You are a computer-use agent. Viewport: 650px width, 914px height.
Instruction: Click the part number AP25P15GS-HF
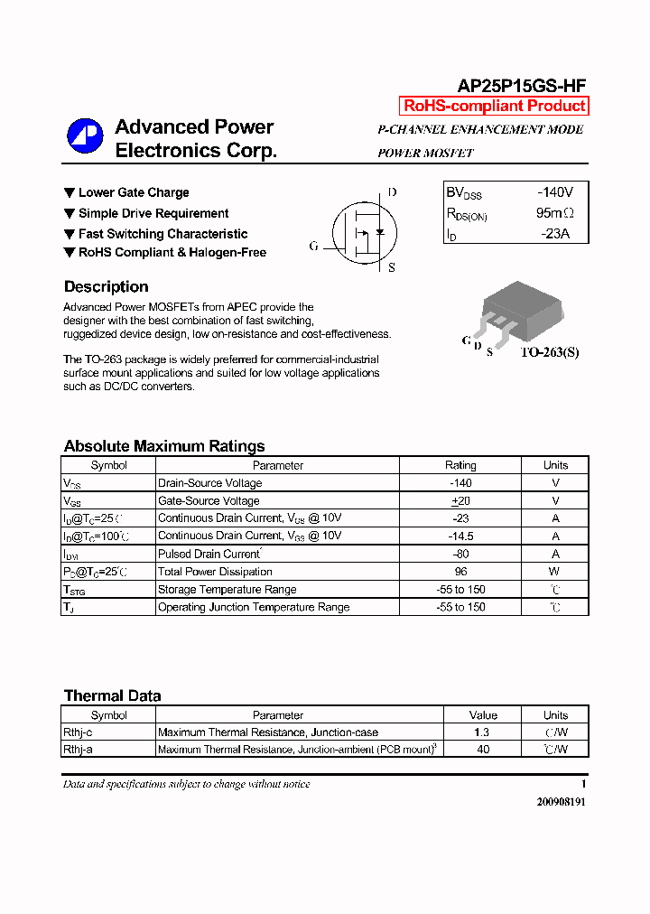coord(522,86)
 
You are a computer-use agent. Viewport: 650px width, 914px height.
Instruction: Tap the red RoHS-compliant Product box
coord(494,106)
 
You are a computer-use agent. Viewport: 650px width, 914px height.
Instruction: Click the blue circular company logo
coord(85,136)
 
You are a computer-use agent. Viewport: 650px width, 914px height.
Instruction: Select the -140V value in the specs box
coord(554,192)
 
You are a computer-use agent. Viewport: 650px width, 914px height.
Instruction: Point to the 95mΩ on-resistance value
coord(554,213)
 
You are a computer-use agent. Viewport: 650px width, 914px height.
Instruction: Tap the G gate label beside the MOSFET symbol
coord(313,246)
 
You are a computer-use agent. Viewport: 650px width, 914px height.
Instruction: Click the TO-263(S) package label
coord(548,351)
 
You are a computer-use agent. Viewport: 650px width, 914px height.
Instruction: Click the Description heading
coord(106,287)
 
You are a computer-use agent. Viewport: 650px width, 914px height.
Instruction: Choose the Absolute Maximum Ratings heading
coord(164,446)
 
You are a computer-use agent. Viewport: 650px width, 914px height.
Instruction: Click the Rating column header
coord(460,465)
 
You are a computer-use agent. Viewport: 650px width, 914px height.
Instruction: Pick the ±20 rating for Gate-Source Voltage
coord(460,500)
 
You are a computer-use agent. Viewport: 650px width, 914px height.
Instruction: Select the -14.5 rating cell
coord(460,536)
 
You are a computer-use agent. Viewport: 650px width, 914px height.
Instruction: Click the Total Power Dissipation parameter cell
coord(215,572)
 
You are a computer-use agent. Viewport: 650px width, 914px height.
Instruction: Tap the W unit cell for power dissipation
coord(555,572)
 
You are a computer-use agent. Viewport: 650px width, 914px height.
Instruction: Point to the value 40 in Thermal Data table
coord(483,750)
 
